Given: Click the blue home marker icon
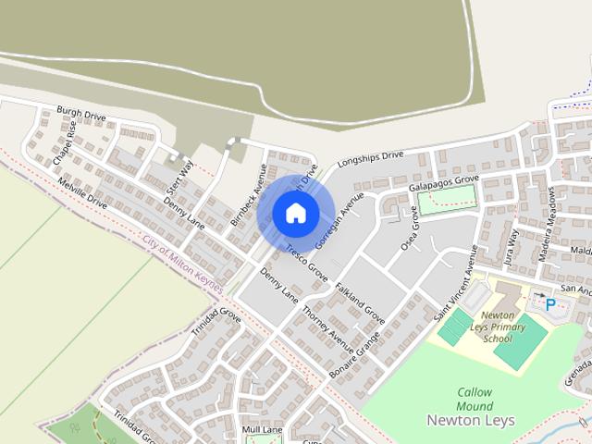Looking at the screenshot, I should point(295,213).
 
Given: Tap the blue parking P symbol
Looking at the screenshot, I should point(550,303).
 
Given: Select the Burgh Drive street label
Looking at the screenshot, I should point(81,114).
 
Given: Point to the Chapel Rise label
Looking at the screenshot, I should point(65,142).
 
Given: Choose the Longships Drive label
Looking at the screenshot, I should point(371,158).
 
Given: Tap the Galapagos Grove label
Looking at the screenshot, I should point(444,181).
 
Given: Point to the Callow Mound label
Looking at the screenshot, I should point(475,399).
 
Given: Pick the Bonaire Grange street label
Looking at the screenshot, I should point(354,357).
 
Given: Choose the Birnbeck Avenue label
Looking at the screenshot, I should point(249,196).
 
